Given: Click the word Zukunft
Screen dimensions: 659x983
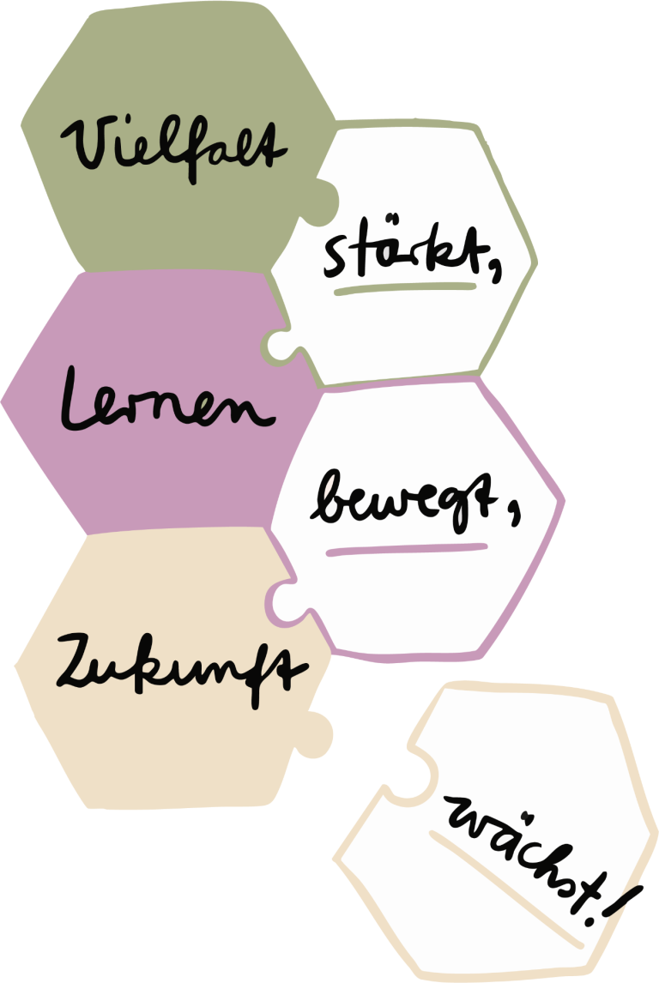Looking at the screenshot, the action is [182, 670].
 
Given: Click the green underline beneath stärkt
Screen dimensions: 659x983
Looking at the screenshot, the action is [405, 288].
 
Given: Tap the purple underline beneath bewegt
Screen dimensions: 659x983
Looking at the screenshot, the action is [407, 550].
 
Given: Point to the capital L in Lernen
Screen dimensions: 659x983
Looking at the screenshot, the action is [81, 399].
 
